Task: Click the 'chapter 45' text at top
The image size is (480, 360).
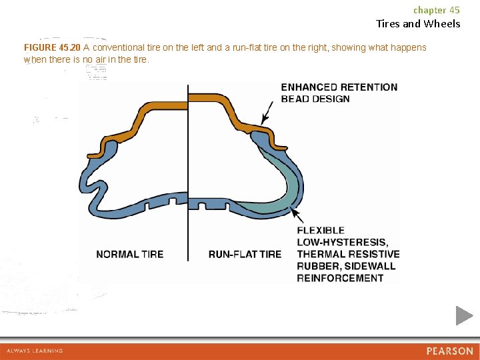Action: point(436,10)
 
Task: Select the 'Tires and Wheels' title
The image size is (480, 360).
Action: point(418,24)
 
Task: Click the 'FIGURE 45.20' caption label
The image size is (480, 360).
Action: point(52,48)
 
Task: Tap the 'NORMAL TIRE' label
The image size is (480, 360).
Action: point(129,255)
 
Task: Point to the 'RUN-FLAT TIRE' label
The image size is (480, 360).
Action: point(245,255)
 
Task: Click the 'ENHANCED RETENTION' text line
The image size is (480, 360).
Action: point(339,87)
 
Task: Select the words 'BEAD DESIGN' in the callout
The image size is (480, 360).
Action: point(315,99)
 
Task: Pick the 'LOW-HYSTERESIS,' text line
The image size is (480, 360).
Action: point(342,243)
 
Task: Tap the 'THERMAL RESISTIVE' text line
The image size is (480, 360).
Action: point(348,255)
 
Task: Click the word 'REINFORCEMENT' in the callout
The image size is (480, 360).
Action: point(340,279)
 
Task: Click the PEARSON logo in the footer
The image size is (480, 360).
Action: point(450,351)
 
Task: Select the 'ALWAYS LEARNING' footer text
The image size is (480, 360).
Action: point(35,351)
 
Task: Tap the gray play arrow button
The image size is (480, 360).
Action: point(464,315)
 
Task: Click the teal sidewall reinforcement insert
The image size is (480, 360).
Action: point(288,183)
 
